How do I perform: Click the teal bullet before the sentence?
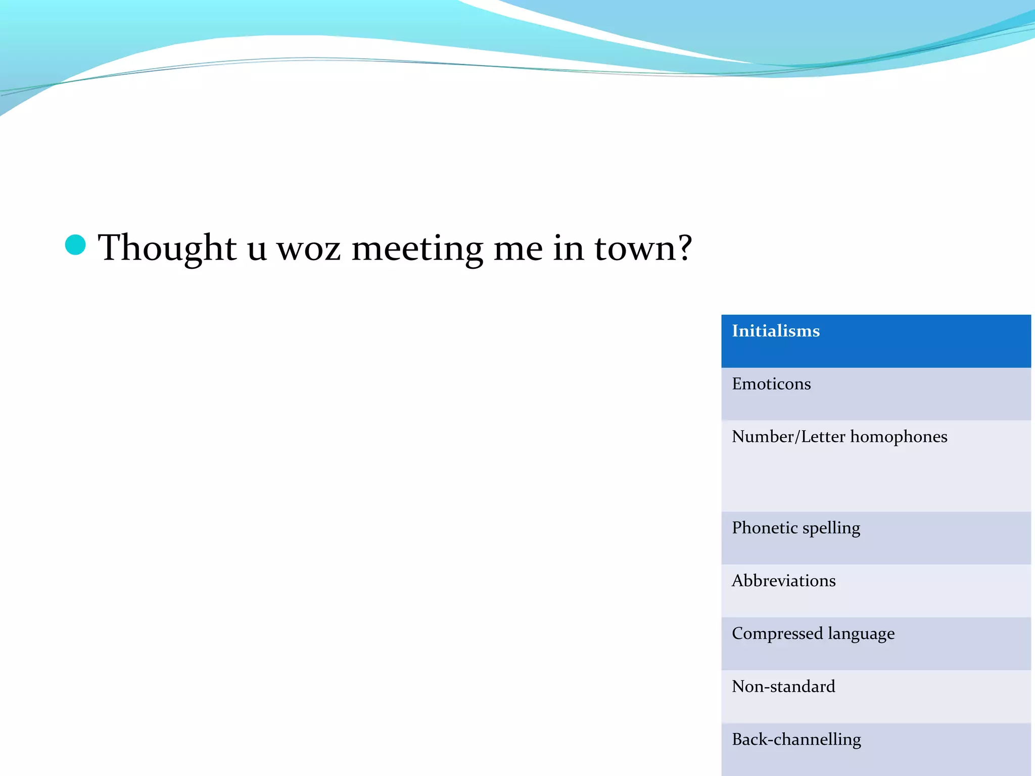click(75, 245)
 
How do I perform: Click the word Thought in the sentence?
click(167, 248)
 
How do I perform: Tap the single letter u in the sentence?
click(257, 250)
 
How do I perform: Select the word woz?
click(308, 250)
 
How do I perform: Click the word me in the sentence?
click(517, 250)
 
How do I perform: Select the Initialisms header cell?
click(876, 341)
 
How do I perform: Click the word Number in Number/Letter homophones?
click(763, 437)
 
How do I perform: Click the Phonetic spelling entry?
click(795, 528)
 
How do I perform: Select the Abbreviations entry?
click(783, 581)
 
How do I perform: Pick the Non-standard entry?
click(783, 687)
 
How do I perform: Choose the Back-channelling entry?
click(796, 740)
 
